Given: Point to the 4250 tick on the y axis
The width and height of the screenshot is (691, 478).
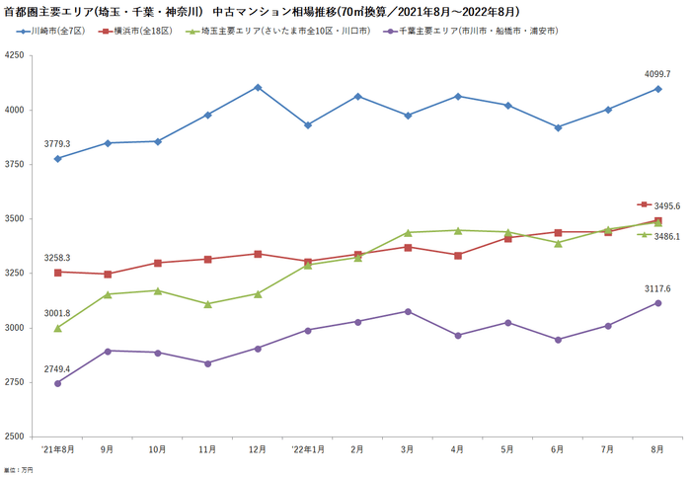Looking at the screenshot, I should point(14,55).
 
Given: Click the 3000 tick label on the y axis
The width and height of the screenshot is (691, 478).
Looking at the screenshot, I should point(14,328).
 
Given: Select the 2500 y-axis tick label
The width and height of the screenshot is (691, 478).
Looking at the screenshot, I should point(14,437).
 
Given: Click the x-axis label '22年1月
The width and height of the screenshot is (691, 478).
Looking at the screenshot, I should point(308,449).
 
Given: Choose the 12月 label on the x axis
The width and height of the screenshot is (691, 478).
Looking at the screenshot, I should point(258,449).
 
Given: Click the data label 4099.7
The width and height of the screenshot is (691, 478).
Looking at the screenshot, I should point(657,74).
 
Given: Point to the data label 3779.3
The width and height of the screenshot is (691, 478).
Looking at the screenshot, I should point(57,144).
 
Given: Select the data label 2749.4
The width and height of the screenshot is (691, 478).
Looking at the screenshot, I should point(57,368).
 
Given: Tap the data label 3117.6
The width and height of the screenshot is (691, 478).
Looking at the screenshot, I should point(657,288).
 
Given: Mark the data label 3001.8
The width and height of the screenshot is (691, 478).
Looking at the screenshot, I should point(57,313).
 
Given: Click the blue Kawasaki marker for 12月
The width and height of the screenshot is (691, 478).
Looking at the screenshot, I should point(258,87).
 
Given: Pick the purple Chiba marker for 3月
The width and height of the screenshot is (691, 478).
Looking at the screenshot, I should point(408,311).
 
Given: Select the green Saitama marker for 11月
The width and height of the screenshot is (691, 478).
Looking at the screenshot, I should point(207,304).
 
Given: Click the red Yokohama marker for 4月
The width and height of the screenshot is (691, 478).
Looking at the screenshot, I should point(458,255).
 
